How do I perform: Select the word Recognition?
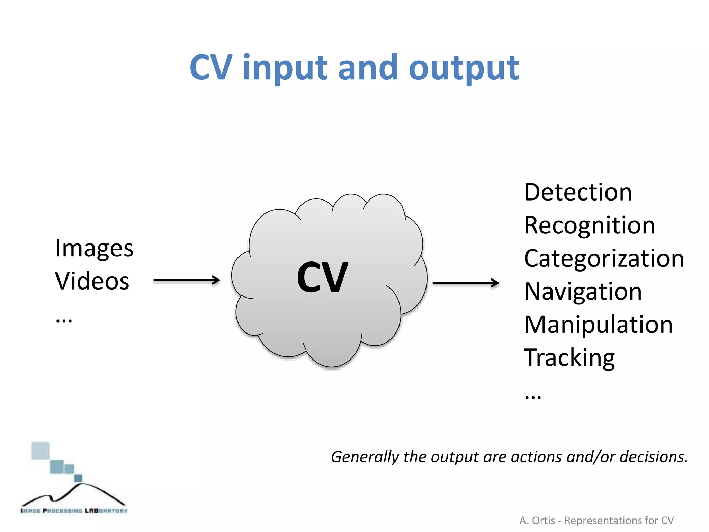[x=589, y=225]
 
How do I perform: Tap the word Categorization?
[x=604, y=258]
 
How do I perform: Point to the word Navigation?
[x=583, y=292]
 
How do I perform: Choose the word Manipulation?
[x=598, y=325]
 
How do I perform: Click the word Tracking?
[x=569, y=358]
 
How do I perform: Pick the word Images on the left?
[x=94, y=249]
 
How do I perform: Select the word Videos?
[x=92, y=281]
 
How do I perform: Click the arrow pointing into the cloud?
[x=187, y=280]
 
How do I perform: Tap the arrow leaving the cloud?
[x=466, y=283]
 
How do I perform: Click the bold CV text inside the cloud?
[x=322, y=277]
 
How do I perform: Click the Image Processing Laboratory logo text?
[x=74, y=511]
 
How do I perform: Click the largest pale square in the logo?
[x=40, y=451]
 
